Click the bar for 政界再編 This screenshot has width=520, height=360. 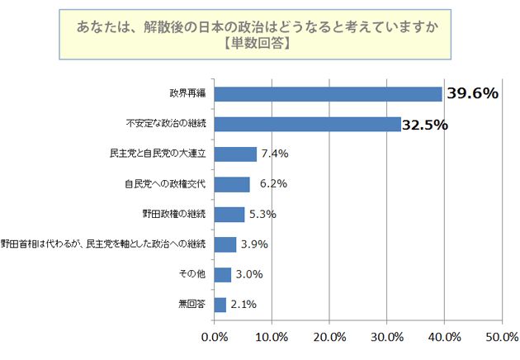click(328, 93)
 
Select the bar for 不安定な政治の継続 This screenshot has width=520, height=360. click(307, 124)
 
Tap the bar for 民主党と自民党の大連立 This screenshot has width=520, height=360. click(235, 154)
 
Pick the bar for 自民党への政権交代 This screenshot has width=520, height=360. click(232, 184)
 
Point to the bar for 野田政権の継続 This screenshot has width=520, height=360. click(229, 214)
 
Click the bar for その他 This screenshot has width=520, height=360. click(223, 274)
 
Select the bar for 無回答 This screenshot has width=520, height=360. click(220, 305)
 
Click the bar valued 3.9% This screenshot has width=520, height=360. click(225, 244)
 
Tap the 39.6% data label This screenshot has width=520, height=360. click(472, 93)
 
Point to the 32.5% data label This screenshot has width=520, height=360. click(425, 125)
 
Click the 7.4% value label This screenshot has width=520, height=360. click(273, 154)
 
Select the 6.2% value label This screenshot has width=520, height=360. click(272, 184)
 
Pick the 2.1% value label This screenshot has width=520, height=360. click(243, 305)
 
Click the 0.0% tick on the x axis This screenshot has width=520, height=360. click(215, 336)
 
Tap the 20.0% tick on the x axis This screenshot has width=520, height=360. click(329, 336)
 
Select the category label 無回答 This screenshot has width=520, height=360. click(191, 305)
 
